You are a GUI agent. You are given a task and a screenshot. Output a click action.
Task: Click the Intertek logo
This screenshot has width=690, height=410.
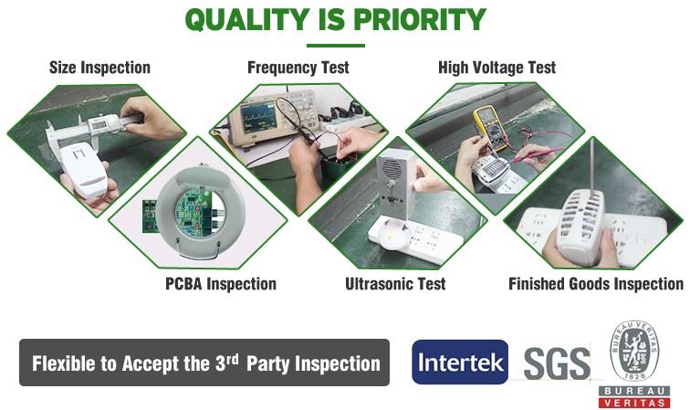click(x=460, y=362)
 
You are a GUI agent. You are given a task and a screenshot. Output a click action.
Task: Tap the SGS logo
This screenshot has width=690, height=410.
click(x=557, y=363)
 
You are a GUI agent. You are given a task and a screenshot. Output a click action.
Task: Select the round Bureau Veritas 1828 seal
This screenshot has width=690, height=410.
click(x=634, y=351)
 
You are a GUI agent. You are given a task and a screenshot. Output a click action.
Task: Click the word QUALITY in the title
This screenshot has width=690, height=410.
click(x=246, y=20)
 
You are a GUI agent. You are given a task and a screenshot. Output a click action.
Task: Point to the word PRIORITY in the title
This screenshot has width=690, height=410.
click(x=420, y=20)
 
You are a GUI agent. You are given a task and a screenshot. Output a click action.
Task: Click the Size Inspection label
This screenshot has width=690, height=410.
click(x=99, y=68)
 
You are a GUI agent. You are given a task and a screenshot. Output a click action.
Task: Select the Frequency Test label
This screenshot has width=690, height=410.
click(x=298, y=68)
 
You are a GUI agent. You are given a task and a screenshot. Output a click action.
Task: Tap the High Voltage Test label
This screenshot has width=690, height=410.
click(x=497, y=68)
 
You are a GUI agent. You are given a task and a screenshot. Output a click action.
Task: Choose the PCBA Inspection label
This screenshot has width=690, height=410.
click(x=221, y=284)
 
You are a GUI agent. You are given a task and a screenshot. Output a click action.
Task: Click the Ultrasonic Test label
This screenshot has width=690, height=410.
click(x=395, y=284)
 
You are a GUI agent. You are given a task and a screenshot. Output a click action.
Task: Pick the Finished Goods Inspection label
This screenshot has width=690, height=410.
click(x=596, y=284)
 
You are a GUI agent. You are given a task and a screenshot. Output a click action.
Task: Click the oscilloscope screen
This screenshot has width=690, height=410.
click(x=259, y=118)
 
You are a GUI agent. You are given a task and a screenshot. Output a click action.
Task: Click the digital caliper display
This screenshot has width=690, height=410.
click(x=99, y=125)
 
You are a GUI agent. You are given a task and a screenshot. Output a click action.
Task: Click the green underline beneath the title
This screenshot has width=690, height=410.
click(x=336, y=46)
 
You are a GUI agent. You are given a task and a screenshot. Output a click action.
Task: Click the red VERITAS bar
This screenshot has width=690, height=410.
click(x=634, y=402)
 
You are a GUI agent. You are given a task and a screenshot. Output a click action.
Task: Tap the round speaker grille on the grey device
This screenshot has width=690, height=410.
click(x=392, y=168)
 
